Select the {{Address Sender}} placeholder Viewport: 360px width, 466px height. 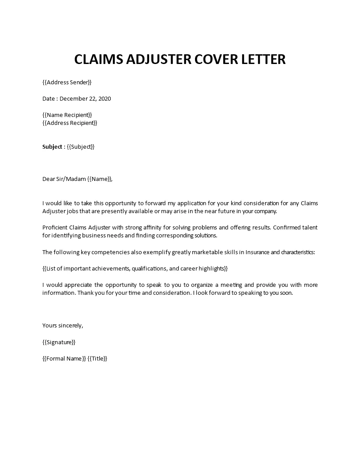pos(67,82)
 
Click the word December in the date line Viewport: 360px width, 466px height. pos(75,98)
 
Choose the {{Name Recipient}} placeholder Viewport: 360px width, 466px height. pos(67,115)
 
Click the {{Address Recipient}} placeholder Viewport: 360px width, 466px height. pos(70,123)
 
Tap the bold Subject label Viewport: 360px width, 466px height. pos(52,147)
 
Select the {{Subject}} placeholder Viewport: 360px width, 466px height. pos(80,147)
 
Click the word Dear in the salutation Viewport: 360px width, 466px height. pos(49,179)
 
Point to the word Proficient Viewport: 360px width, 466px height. pos(56,227)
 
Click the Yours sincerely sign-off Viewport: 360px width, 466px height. pos(63,326)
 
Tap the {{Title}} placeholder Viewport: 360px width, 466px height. pos(97,358)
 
